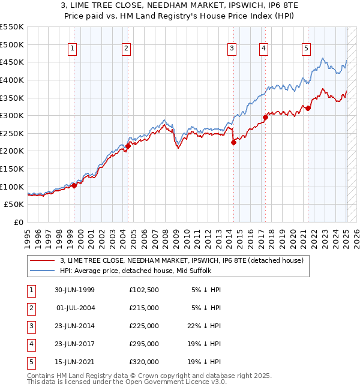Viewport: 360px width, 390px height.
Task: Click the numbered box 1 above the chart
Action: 72,49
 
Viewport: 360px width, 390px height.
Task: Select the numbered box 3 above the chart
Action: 232,49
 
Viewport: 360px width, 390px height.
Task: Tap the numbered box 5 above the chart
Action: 306,49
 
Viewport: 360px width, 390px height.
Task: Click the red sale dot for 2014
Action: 234,142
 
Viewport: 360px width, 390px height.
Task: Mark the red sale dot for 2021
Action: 308,108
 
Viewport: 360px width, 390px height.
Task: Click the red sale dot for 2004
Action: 128,146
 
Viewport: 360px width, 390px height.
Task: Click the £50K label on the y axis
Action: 14,205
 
